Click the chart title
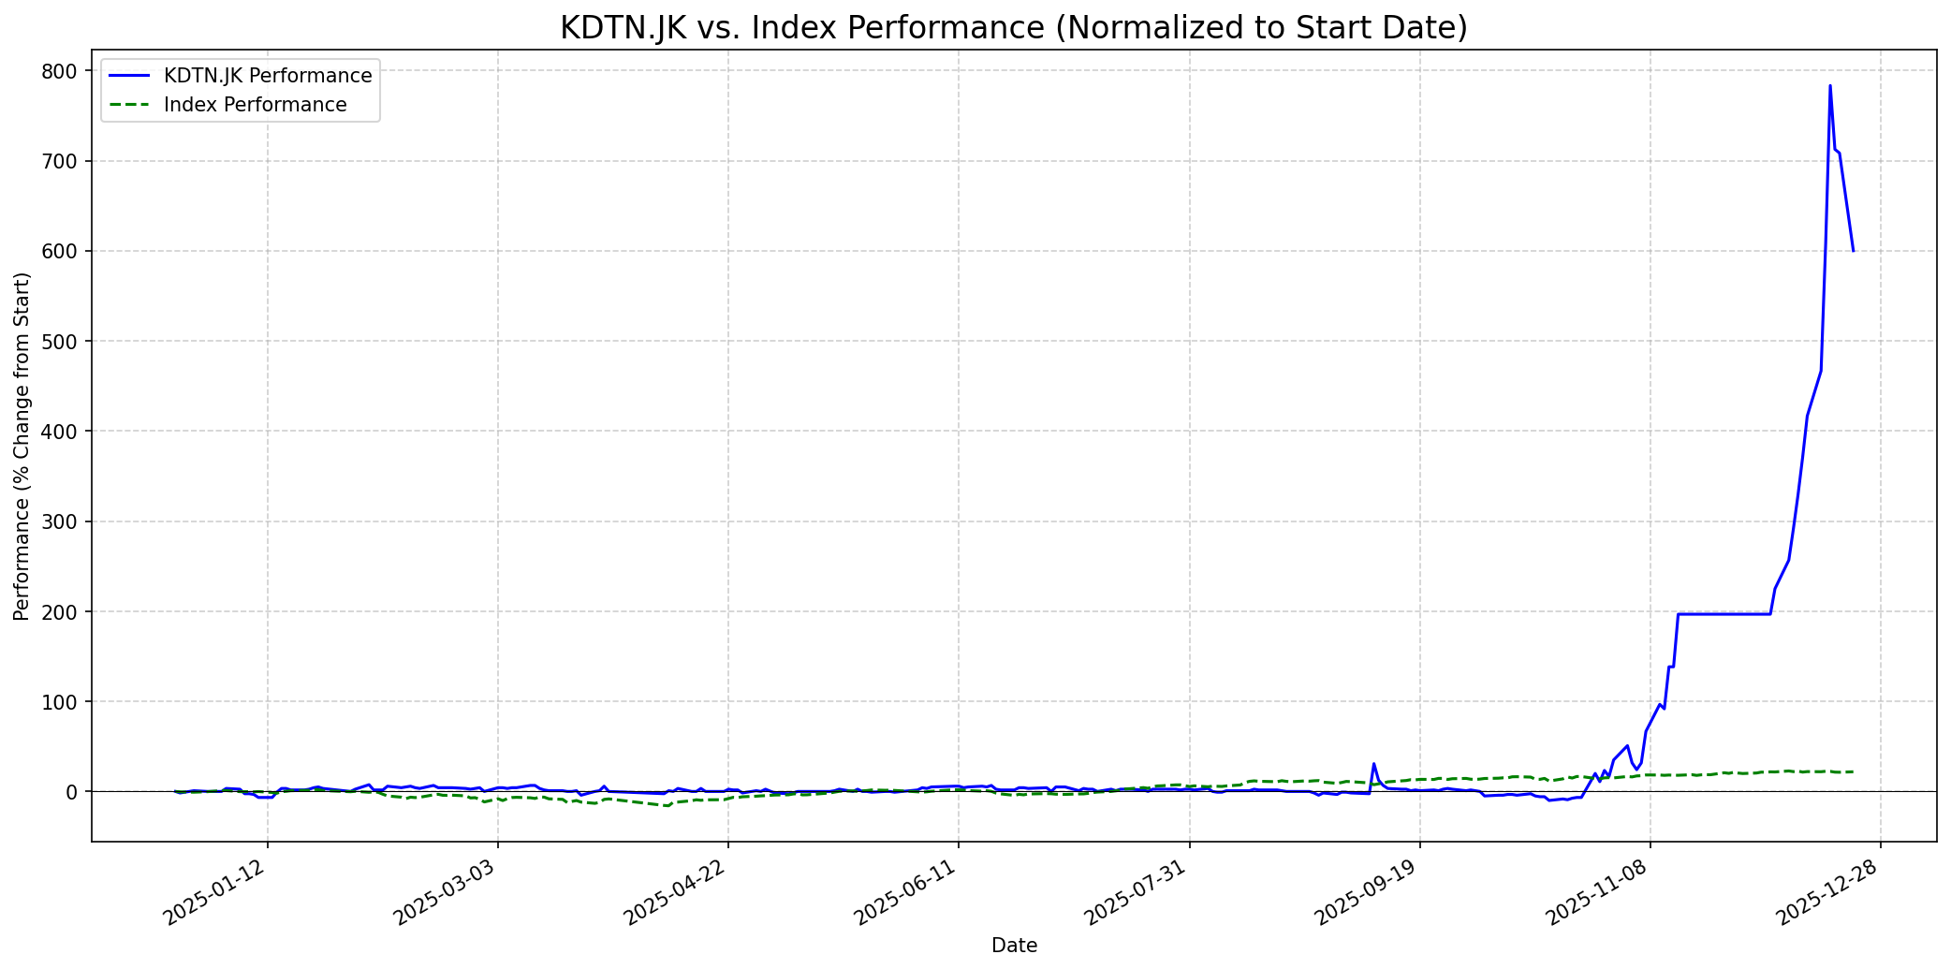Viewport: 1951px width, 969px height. coord(1013,28)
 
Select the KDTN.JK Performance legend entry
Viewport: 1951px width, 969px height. coord(267,76)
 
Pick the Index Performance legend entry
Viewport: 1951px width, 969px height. coord(255,105)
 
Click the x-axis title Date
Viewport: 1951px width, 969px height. coord(1014,946)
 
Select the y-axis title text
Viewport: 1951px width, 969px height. coord(22,446)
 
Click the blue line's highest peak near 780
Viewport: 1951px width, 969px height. coord(1829,86)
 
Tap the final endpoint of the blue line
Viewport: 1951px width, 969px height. coord(1853,251)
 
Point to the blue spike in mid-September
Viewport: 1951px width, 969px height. coord(1373,764)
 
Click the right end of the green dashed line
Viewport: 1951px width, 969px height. coord(1853,771)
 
